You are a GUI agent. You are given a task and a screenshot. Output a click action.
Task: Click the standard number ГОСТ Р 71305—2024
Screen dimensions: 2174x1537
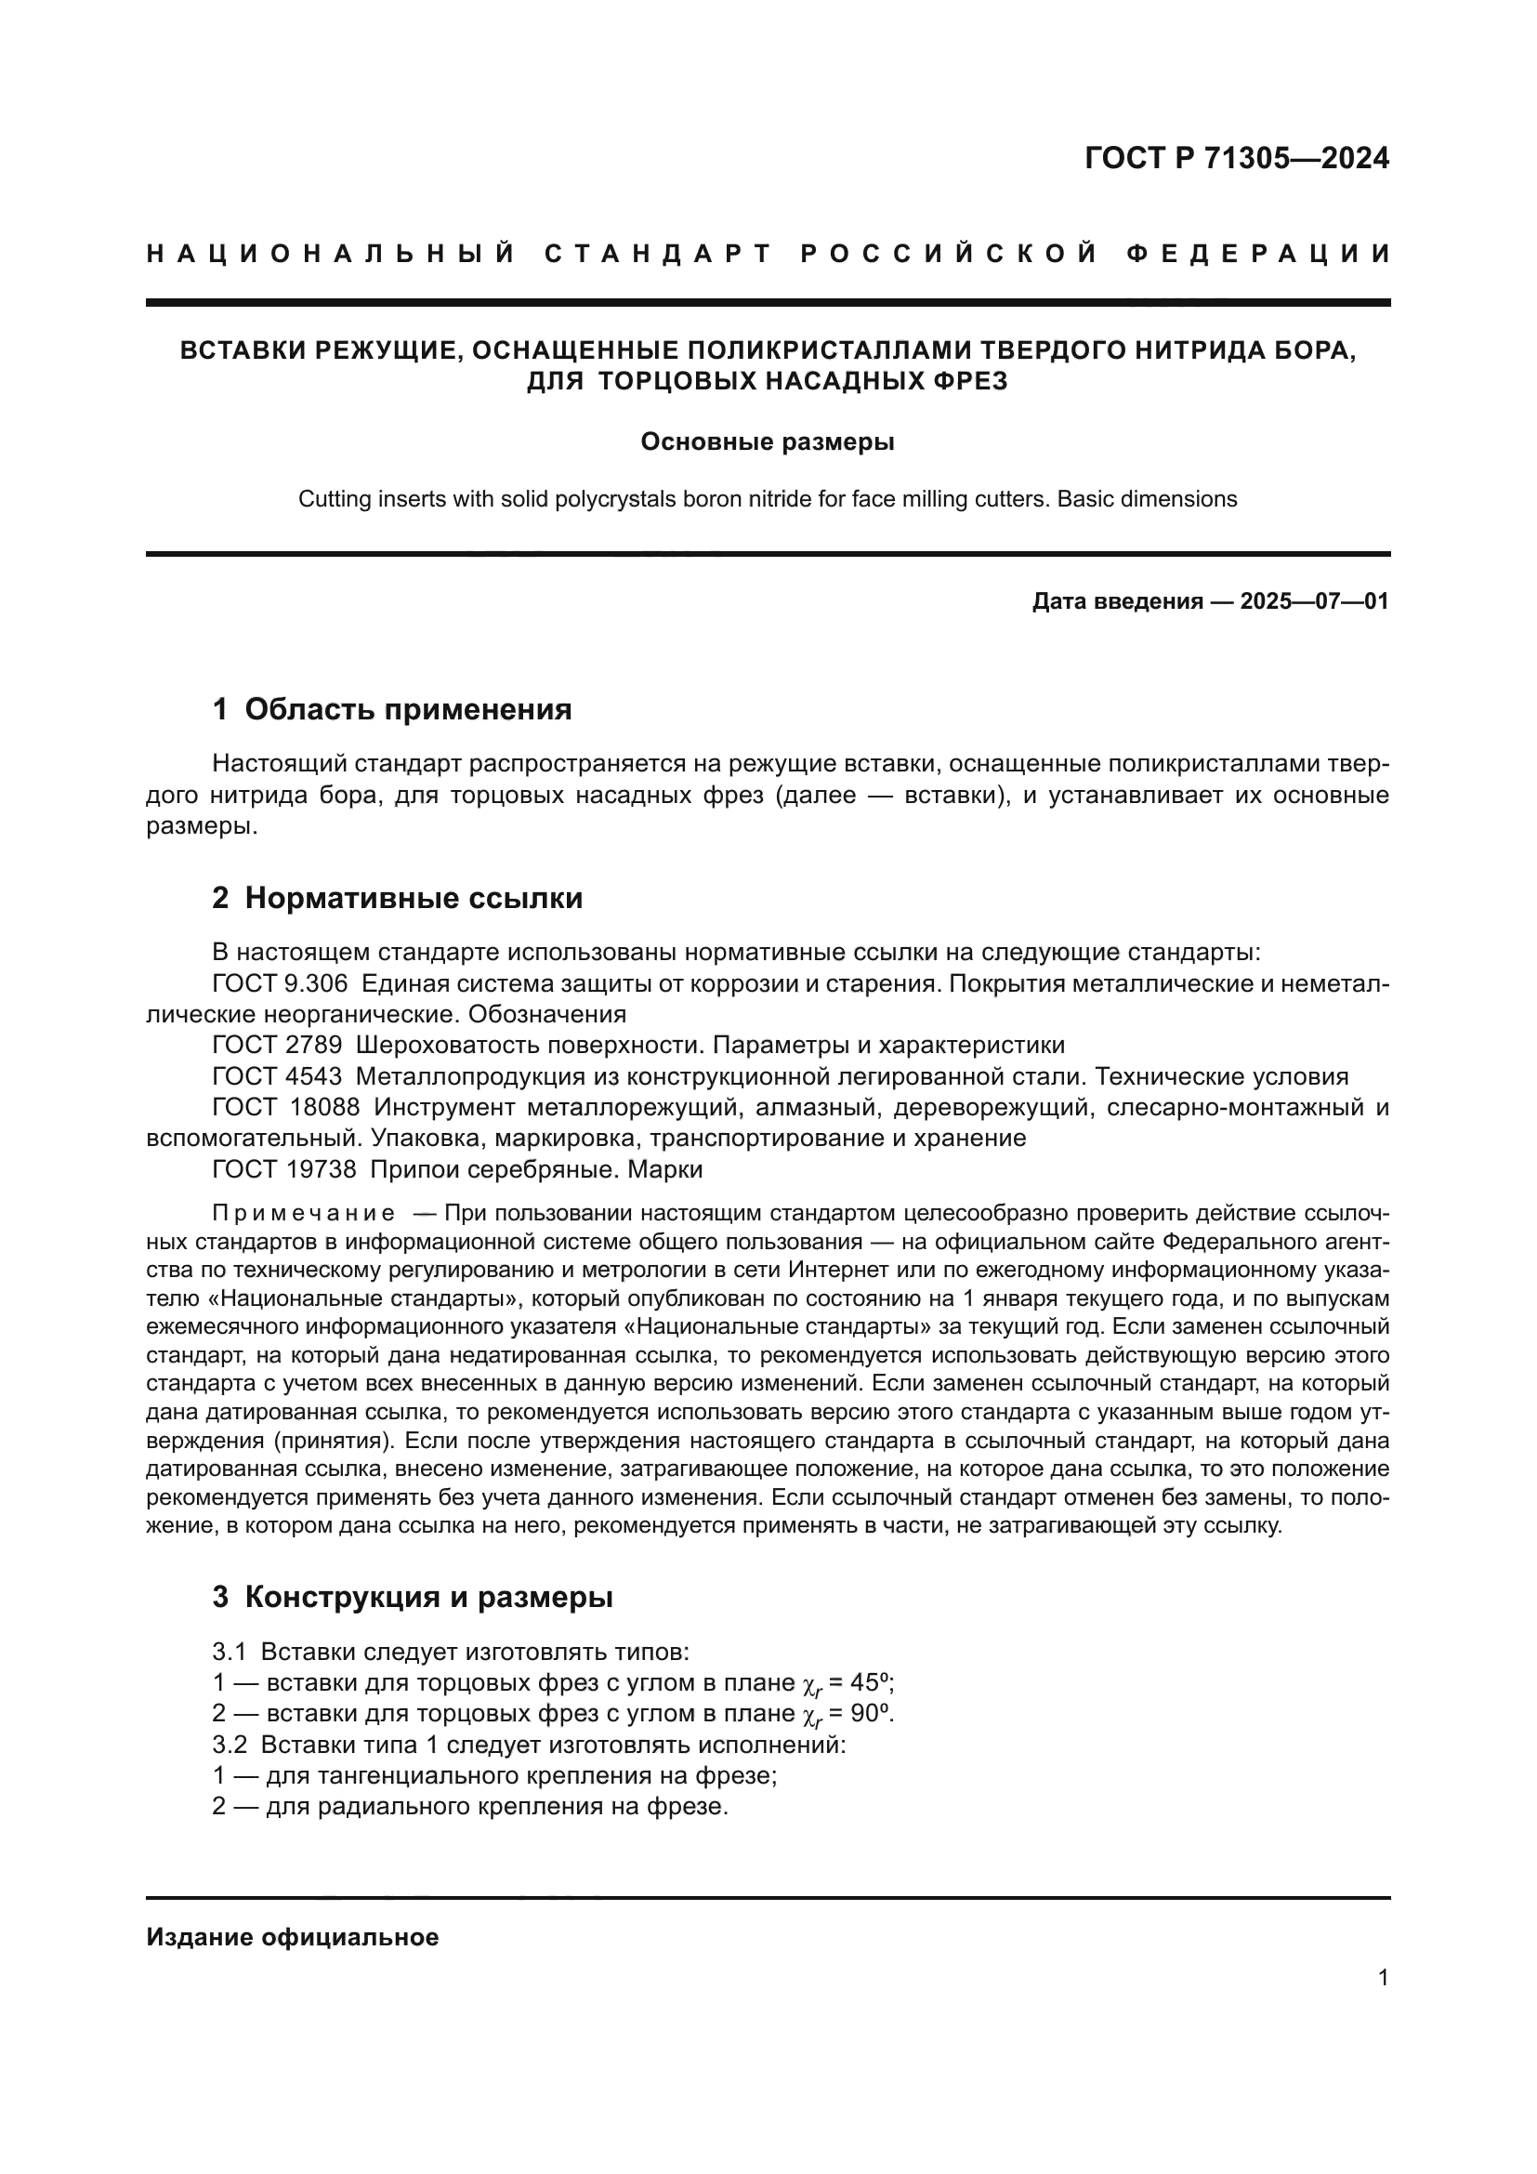click(x=1236, y=158)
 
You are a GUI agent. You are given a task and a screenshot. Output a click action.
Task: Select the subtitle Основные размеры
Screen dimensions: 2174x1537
click(x=768, y=441)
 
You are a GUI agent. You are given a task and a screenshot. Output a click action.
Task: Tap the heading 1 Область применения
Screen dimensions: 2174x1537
click(x=392, y=709)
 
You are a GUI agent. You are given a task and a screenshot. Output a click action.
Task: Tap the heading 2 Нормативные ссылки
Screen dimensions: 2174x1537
click(x=398, y=898)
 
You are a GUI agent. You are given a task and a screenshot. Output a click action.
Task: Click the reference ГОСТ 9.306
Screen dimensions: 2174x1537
click(x=280, y=982)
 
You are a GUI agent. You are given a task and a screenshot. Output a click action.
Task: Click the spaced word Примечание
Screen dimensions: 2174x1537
click(x=304, y=1214)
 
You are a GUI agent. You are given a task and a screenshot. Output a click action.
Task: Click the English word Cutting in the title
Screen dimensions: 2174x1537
click(x=329, y=499)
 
